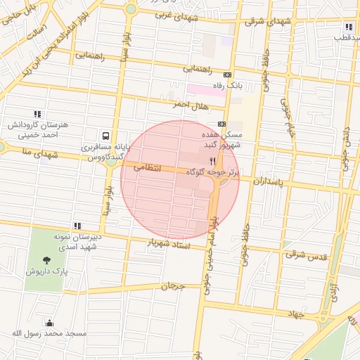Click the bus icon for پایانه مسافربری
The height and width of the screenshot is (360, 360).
(105, 135)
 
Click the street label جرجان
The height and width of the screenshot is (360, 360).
(172, 286)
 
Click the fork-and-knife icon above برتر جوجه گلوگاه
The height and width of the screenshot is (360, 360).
(213, 160)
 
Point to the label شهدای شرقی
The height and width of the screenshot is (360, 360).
(267, 21)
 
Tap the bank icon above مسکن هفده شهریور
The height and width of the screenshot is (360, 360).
(222, 124)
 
